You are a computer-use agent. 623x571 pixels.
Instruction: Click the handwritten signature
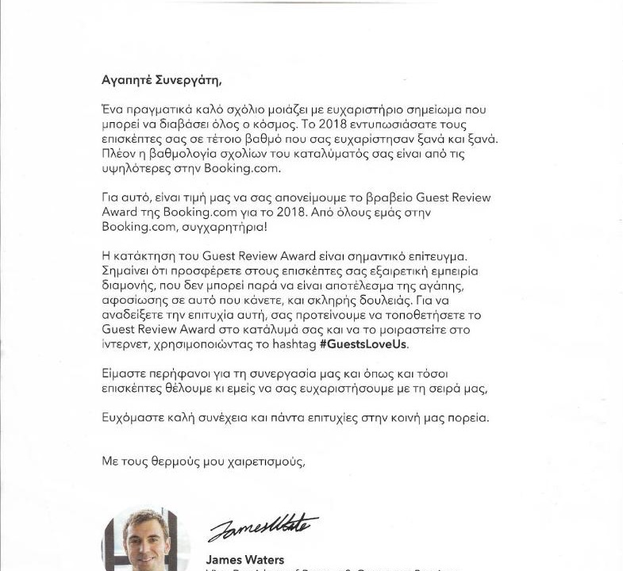(262, 527)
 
